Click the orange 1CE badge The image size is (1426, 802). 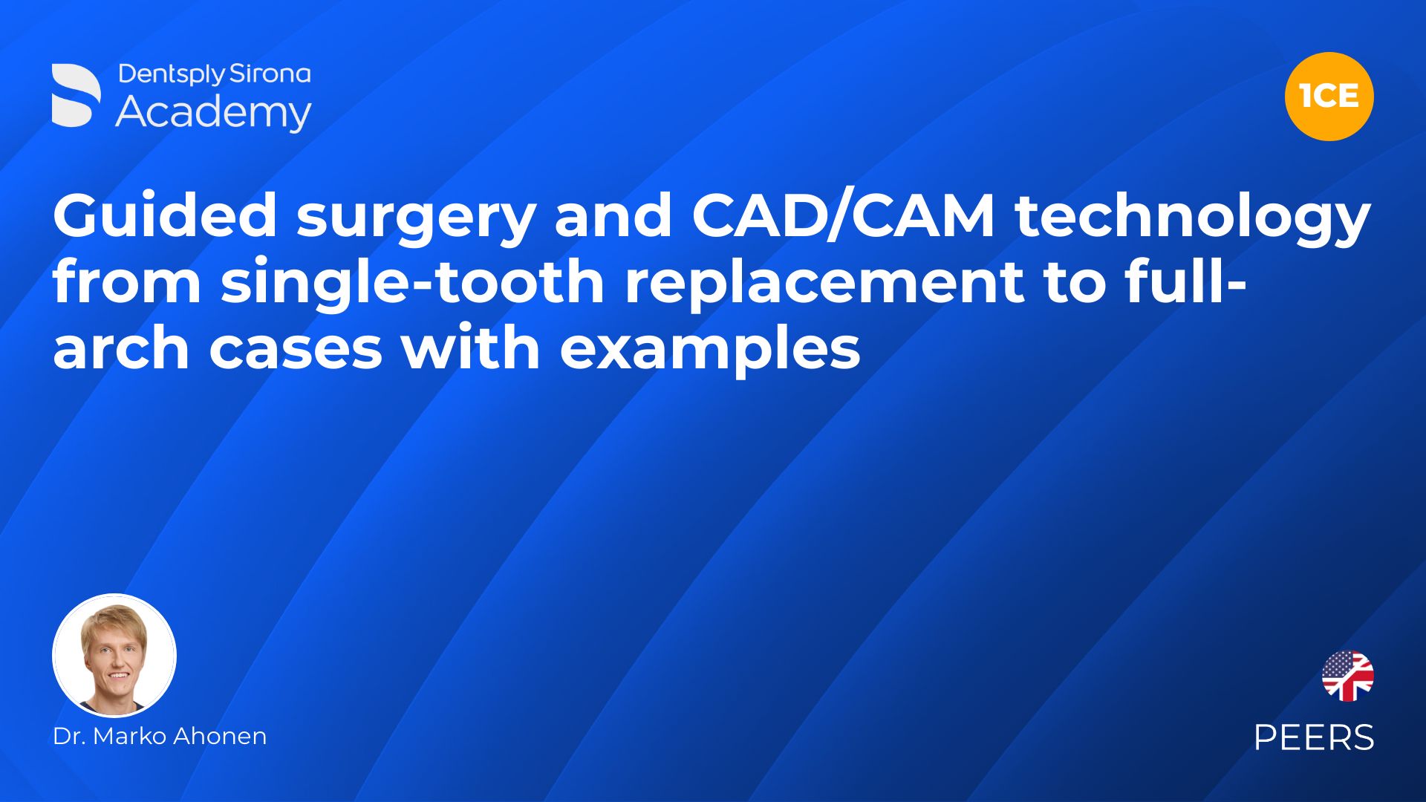click(1329, 97)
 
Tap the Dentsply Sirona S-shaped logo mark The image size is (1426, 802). click(76, 95)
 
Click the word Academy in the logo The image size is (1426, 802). click(214, 113)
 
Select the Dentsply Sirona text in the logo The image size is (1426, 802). click(215, 74)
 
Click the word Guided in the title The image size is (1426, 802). click(165, 215)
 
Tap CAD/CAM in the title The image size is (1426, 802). click(843, 215)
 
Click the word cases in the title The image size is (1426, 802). click(296, 349)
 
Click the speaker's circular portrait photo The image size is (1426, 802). click(114, 655)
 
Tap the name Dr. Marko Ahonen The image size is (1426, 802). click(160, 736)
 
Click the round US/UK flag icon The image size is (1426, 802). click(1347, 676)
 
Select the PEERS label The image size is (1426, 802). click(1314, 737)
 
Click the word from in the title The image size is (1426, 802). click(127, 281)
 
